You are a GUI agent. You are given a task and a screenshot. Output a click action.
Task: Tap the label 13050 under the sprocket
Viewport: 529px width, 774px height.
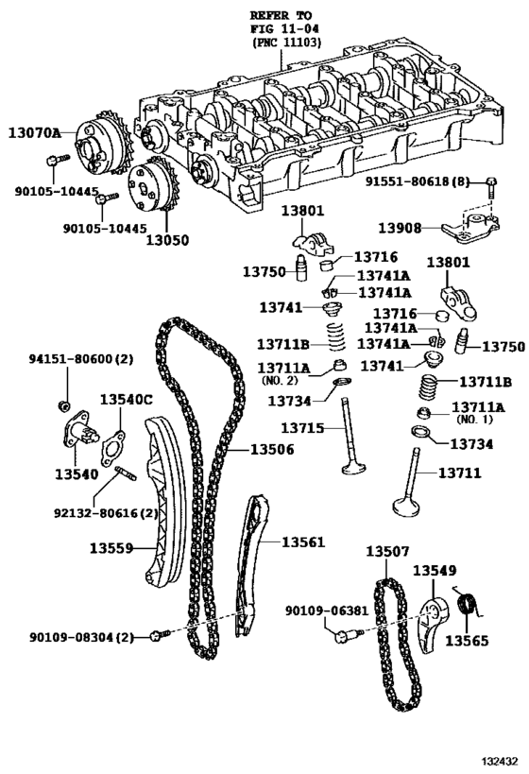click(x=167, y=240)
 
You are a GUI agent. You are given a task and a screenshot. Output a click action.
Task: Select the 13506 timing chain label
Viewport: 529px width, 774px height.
click(x=272, y=449)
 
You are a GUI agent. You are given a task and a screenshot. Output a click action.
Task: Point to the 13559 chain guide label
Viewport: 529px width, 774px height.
click(x=111, y=548)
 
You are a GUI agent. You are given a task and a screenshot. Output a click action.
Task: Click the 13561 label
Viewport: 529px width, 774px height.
click(x=303, y=542)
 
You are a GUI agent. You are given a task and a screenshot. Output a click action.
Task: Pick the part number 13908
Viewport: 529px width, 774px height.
click(x=401, y=228)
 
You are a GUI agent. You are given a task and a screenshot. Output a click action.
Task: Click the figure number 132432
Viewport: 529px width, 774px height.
click(x=500, y=761)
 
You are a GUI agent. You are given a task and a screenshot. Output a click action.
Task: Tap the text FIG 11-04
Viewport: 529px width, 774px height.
click(x=283, y=29)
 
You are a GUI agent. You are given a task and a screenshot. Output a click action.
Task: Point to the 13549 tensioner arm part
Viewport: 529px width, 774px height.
click(x=434, y=623)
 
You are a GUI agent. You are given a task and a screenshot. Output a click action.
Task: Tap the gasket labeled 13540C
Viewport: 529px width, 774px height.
click(x=113, y=448)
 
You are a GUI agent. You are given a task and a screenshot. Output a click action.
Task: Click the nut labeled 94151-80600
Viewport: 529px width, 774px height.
click(x=62, y=405)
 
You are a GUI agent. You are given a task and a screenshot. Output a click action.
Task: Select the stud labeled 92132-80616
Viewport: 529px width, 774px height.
click(x=127, y=473)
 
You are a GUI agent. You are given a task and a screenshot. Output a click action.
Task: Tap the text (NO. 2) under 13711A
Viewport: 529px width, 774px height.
click(x=280, y=381)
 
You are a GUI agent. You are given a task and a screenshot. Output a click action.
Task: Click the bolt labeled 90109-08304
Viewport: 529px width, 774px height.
click(x=161, y=635)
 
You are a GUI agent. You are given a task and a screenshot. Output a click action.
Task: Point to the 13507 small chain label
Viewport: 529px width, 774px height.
click(x=387, y=551)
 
